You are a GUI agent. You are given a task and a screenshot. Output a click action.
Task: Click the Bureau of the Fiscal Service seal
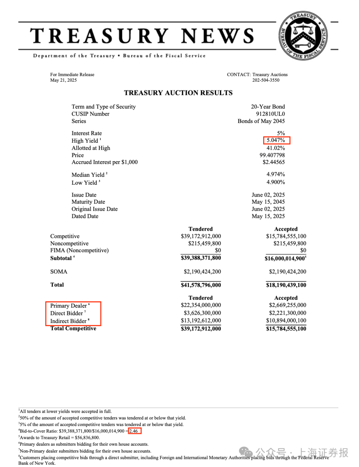[303, 36]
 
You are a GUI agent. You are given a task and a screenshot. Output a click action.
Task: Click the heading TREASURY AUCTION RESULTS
[178, 93]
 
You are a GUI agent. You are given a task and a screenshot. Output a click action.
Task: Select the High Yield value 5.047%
[276, 140]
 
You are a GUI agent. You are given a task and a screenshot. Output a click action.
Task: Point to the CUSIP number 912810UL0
[270, 114]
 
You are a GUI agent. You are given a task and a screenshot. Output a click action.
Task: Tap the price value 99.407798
[272, 155]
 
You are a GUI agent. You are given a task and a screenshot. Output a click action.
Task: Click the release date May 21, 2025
[63, 80]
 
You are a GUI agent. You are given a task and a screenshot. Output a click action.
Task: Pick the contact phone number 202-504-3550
[266, 80]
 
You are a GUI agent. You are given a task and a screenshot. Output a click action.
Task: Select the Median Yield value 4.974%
[276, 174]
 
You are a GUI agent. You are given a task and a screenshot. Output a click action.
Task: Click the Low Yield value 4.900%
[276, 182]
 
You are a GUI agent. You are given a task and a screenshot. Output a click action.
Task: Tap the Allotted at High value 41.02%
[276, 148]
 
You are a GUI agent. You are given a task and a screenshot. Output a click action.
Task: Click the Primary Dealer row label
[69, 306]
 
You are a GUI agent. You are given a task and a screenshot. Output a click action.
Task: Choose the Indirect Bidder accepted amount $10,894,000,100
[286, 321]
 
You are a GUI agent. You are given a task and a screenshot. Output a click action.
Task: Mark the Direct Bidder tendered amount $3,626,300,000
[202, 313]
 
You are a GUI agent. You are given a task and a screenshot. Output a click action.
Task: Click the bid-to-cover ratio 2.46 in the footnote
[134, 431]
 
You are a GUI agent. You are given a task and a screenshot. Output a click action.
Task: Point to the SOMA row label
[59, 272]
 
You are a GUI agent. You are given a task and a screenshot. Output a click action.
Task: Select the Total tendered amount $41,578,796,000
[201, 285]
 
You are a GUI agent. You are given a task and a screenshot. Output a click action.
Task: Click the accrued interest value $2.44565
[274, 162]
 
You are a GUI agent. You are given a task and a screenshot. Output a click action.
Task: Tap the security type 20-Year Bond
[268, 107]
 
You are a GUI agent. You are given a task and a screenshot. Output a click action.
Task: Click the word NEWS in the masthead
[217, 36]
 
